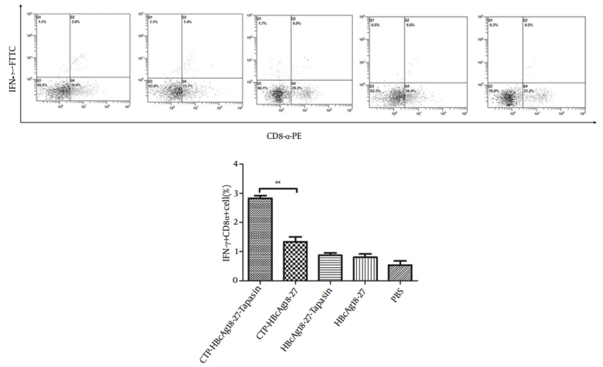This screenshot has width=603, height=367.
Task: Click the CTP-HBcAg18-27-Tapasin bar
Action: pyautogui.click(x=260, y=239)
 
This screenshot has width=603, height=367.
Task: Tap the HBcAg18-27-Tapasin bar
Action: pyautogui.click(x=330, y=267)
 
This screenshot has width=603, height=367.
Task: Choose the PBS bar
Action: pyautogui.click(x=399, y=272)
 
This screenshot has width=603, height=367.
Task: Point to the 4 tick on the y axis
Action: pyautogui.click(x=238, y=164)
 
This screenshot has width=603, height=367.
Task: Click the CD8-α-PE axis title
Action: pyautogui.click(x=285, y=136)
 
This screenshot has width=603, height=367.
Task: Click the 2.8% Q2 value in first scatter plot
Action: pyautogui.click(x=75, y=21)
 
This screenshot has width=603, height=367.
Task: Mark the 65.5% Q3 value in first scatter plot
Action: pyautogui.click(x=42, y=85)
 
